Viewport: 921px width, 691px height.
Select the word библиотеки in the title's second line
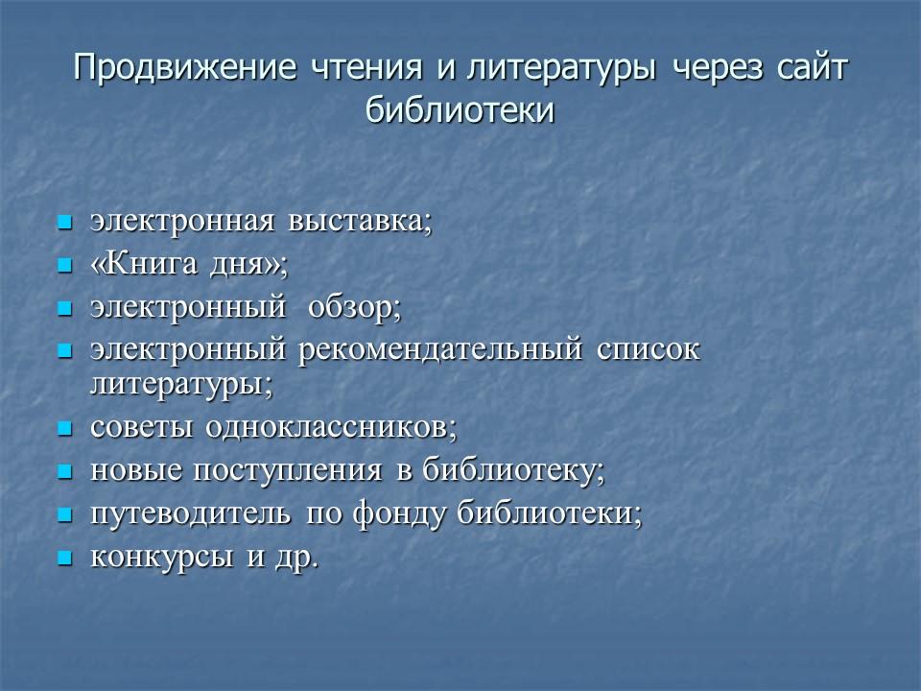pos(460,110)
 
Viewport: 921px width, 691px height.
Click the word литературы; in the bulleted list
pos(182,384)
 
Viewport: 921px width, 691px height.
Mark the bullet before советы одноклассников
pos(65,427)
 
